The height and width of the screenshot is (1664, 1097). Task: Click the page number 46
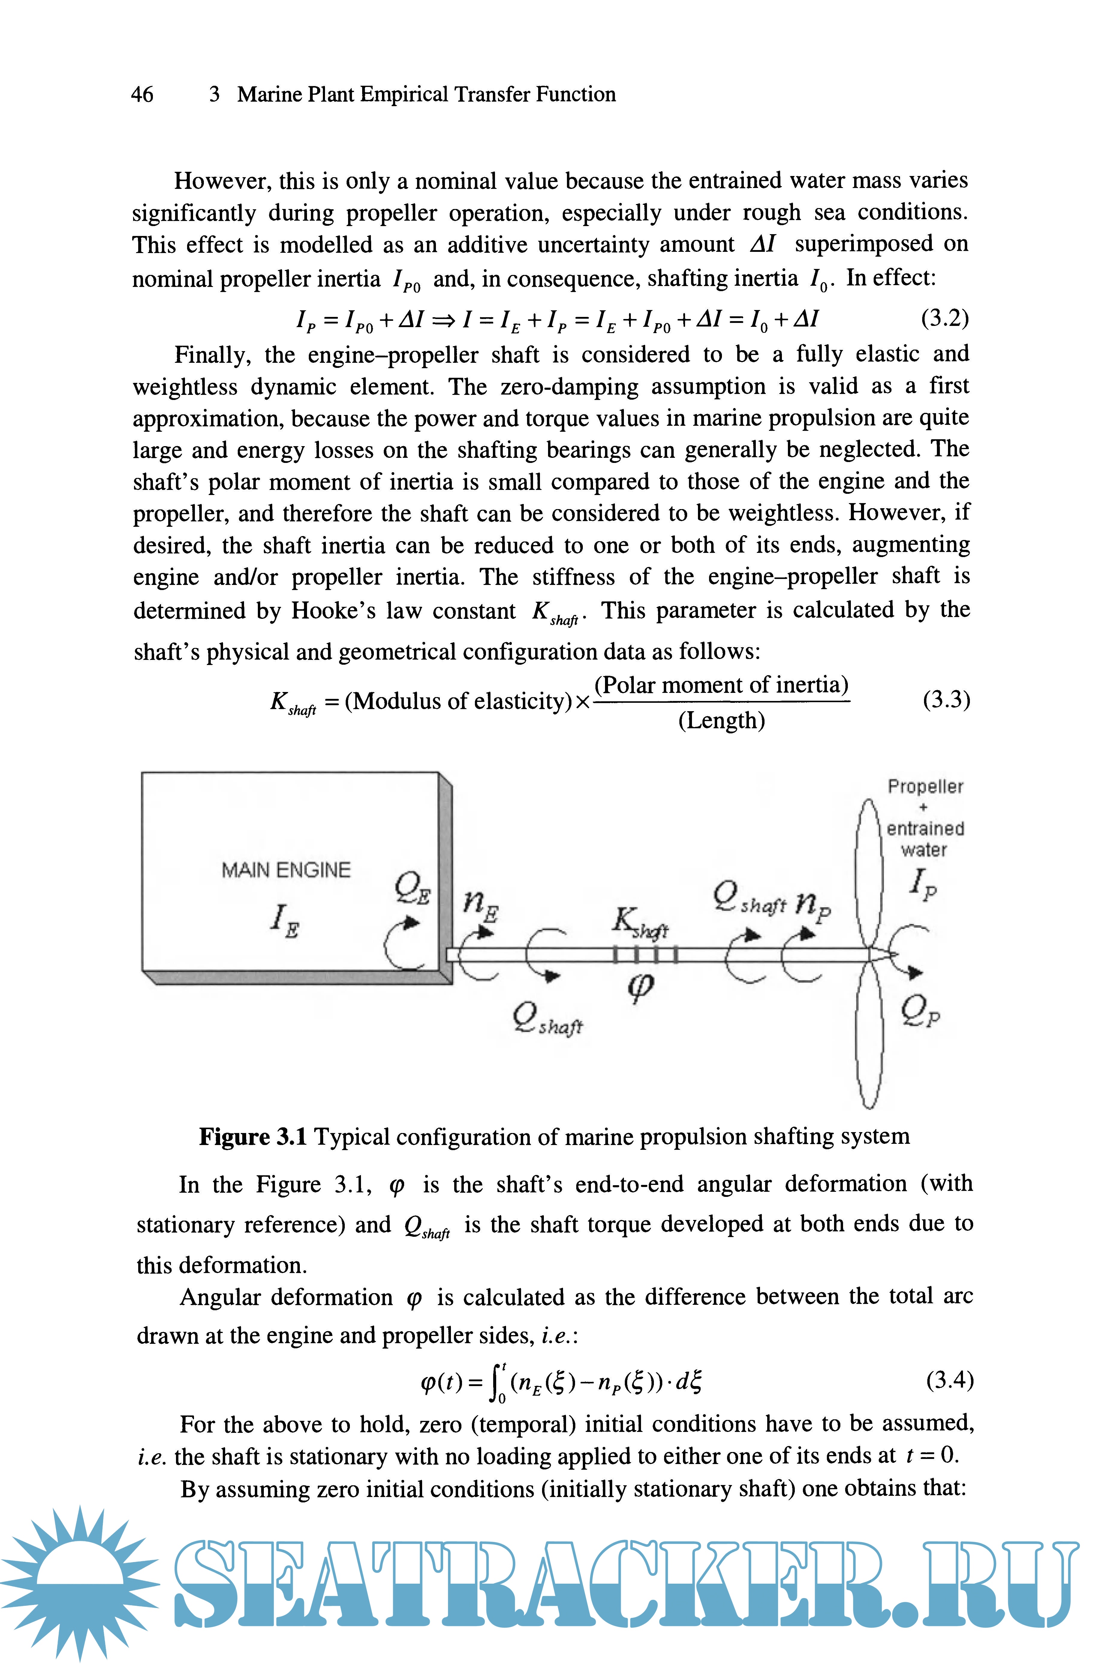pyautogui.click(x=142, y=94)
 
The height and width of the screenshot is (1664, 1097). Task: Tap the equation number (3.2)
pyautogui.click(x=944, y=319)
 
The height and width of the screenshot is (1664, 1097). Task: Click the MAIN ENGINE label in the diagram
pyautogui.click(x=286, y=870)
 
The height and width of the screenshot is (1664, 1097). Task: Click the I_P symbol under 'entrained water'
pyautogui.click(x=922, y=885)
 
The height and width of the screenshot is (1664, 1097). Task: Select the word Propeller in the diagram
pyautogui.click(x=925, y=787)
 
